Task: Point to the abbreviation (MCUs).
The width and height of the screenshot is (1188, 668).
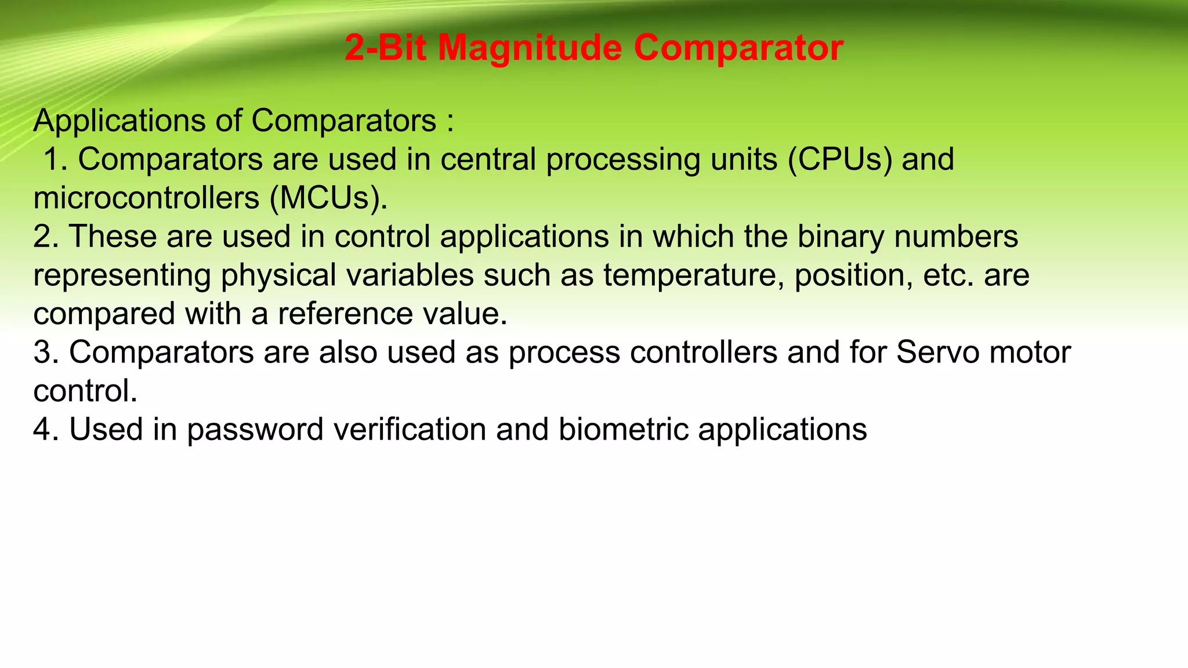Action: pyautogui.click(x=328, y=198)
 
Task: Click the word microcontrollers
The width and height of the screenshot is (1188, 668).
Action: pyautogui.click(x=146, y=198)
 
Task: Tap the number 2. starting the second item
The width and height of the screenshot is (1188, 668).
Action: pyautogui.click(x=46, y=237)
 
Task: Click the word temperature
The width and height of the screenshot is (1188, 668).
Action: pyautogui.click(x=694, y=275)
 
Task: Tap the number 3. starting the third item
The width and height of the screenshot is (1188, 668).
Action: pyautogui.click(x=46, y=352)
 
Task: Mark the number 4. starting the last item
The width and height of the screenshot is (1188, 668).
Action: pyautogui.click(x=46, y=430)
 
